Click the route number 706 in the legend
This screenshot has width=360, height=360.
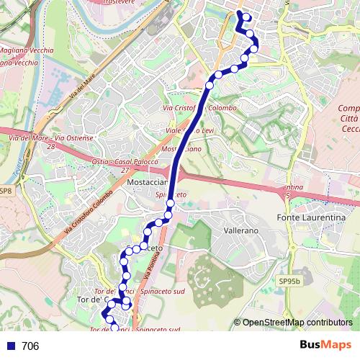pos(30,346)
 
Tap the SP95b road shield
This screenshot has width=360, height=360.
pos(289,280)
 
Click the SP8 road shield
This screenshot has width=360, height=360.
pos(6,191)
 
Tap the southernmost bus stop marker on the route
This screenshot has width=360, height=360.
pos(114,328)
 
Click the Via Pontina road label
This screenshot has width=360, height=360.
pos(143,278)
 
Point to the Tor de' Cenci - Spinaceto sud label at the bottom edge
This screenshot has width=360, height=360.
pos(135,329)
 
